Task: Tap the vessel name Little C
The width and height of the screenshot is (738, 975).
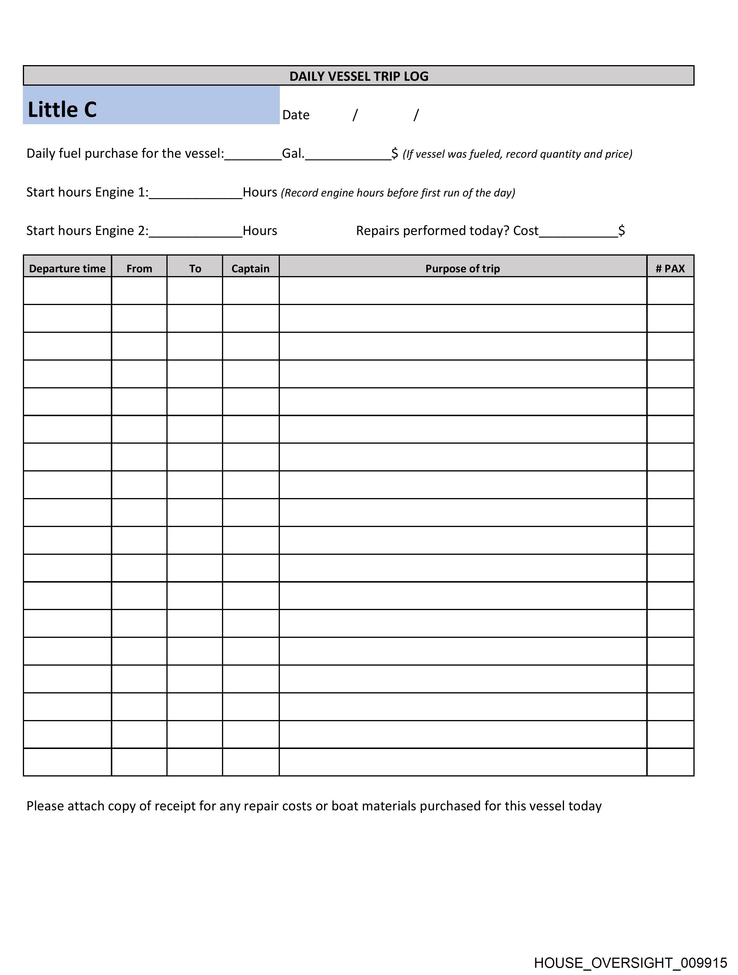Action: pos(62,109)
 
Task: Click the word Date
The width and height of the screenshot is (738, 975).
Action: pos(296,115)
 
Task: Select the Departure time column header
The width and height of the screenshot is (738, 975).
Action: pos(67,269)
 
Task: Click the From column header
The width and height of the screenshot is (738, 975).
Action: pos(139,269)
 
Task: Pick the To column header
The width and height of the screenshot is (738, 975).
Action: pos(195,269)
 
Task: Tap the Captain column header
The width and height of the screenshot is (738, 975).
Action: pos(250,269)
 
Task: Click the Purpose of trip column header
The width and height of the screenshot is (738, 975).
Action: pos(462,269)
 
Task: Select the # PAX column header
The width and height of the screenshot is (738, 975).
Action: pos(670,269)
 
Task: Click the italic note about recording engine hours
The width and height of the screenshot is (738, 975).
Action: pos(398,193)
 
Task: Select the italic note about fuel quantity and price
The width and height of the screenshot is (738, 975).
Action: pos(517,154)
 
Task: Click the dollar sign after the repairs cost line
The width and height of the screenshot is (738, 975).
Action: pos(622,231)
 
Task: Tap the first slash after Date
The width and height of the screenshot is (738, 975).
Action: pos(355,115)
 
